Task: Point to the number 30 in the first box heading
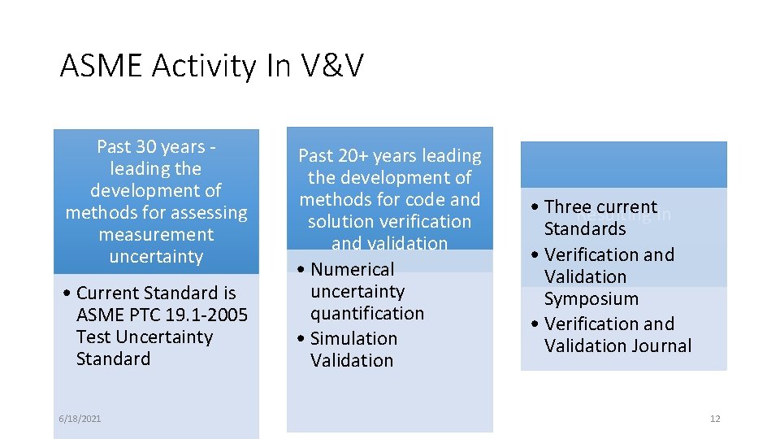point(146,147)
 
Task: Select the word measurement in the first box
point(156,235)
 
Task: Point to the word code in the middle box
point(427,200)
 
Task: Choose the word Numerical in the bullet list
point(352,270)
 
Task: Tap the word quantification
point(367,314)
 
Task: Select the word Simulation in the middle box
point(354,339)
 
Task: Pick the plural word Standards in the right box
point(585,229)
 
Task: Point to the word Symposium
point(591,299)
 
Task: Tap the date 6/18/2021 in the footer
point(80,419)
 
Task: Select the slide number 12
point(715,419)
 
